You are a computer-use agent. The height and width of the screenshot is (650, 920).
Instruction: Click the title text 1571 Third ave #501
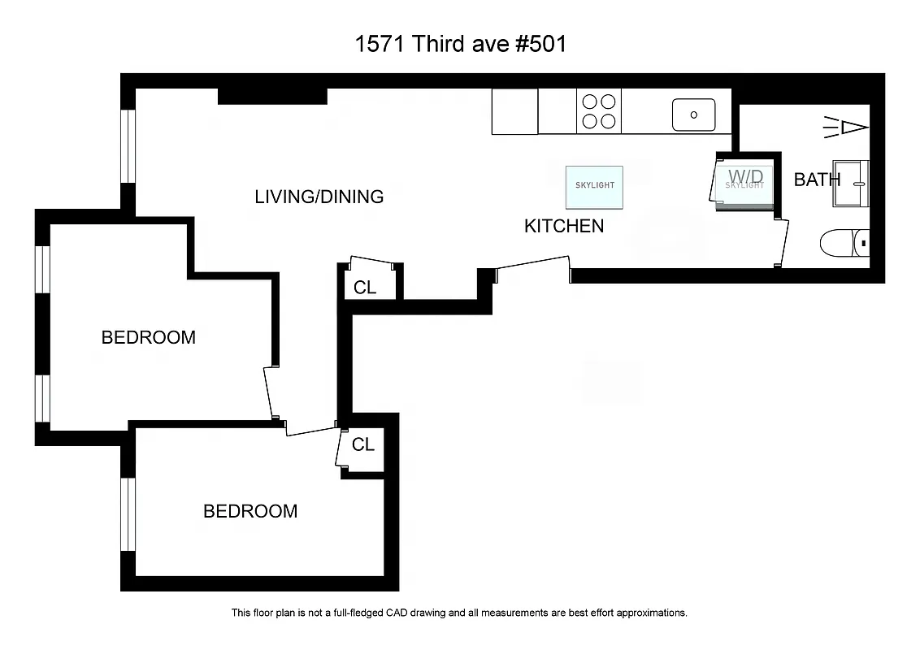pyautogui.click(x=460, y=44)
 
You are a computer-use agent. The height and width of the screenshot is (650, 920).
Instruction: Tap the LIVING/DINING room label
pyautogui.click(x=319, y=197)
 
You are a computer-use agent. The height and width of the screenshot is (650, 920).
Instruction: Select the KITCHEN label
pyautogui.click(x=564, y=226)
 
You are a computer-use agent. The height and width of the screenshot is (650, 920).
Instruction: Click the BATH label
pyautogui.click(x=816, y=180)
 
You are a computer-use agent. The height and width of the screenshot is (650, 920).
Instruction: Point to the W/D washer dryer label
pyautogui.click(x=745, y=176)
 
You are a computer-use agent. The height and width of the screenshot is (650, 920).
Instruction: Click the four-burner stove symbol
pyautogui.click(x=599, y=111)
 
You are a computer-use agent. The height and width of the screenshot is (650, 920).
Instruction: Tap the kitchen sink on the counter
pyautogui.click(x=693, y=115)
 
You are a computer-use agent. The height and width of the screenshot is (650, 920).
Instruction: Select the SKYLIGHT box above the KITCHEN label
pyautogui.click(x=594, y=185)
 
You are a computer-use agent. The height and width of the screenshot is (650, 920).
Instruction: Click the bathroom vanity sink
pyautogui.click(x=852, y=184)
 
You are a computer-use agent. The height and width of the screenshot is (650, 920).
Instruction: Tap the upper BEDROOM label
pyautogui.click(x=148, y=337)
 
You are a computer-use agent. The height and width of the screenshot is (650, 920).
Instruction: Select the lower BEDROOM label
pyautogui.click(x=250, y=511)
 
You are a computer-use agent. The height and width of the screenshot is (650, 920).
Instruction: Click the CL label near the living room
pyautogui.click(x=365, y=288)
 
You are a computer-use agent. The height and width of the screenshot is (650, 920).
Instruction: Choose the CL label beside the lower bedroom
pyautogui.click(x=362, y=444)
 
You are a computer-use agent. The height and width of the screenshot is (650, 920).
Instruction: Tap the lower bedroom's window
pyautogui.click(x=128, y=514)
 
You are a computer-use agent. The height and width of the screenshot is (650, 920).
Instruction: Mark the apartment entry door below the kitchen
pyautogui.click(x=532, y=268)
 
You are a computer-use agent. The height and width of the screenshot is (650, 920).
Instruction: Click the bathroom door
pyautogui.click(x=783, y=242)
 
